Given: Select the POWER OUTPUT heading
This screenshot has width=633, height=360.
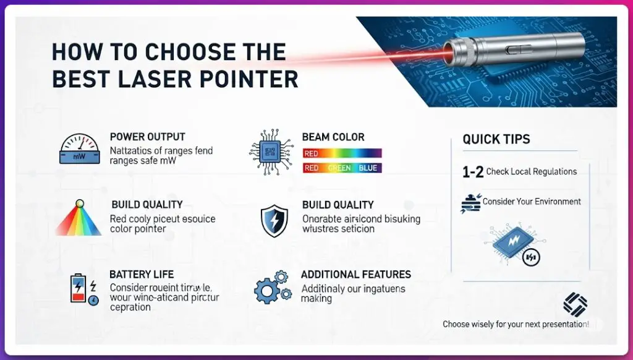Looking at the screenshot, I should click(147, 137).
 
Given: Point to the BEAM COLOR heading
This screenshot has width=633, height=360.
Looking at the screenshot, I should click(333, 137).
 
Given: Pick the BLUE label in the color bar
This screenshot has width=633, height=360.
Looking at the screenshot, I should click(368, 168).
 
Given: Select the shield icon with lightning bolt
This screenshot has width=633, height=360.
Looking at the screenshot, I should click(274, 221).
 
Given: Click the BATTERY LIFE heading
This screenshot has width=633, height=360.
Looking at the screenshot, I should click(142, 274).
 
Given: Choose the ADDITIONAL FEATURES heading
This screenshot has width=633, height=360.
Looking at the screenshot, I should click(355, 274).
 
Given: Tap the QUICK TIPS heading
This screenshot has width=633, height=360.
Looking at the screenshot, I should click(496, 139).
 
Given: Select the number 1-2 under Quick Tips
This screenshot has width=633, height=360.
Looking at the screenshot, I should click(473, 173).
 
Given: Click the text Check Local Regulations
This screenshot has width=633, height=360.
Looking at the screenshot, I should click(532, 171).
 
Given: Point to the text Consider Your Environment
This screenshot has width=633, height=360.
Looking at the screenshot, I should click(532, 202).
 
